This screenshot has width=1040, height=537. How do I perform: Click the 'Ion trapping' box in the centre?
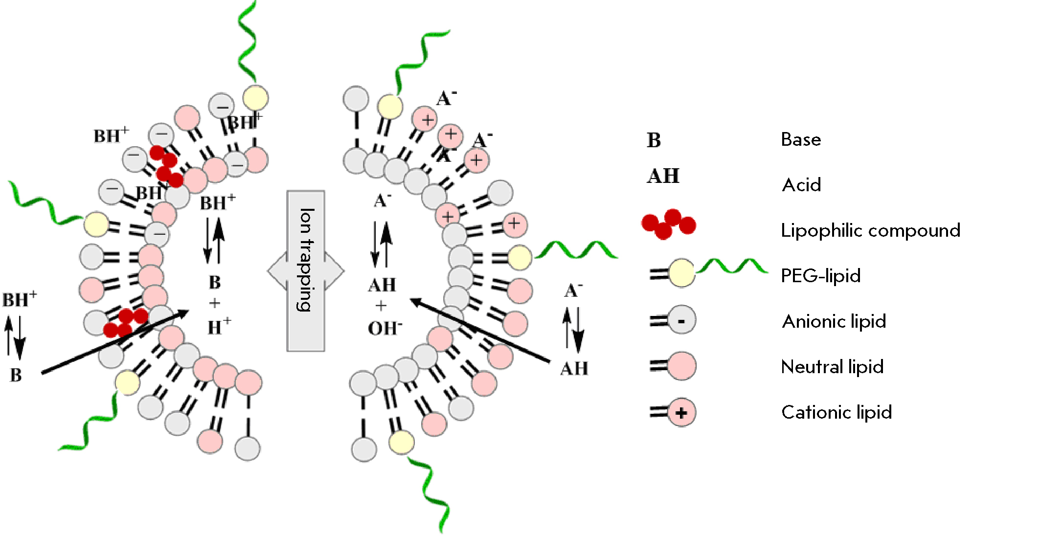(x=306, y=270)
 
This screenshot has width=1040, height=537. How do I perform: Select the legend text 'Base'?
(x=801, y=140)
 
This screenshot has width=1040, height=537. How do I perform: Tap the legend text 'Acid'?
(x=801, y=185)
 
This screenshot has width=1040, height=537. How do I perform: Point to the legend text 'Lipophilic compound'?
(x=870, y=230)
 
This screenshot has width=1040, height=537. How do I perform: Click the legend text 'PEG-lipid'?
(x=820, y=276)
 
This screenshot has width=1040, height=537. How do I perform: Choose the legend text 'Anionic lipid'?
(x=834, y=321)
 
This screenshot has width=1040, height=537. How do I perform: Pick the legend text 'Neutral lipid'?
(x=832, y=367)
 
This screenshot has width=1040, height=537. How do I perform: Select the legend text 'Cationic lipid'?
(x=837, y=412)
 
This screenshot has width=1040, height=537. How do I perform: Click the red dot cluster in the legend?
(x=668, y=224)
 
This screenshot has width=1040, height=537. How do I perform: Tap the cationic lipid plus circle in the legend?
(x=681, y=413)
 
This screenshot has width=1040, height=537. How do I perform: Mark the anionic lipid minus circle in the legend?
(x=681, y=320)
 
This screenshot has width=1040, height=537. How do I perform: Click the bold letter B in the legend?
(x=654, y=140)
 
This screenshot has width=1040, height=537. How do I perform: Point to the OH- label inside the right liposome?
(x=385, y=328)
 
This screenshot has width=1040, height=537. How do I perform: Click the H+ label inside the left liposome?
(x=219, y=327)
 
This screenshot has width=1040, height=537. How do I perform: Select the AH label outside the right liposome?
(x=574, y=368)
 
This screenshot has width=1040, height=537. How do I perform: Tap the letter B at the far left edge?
(x=16, y=375)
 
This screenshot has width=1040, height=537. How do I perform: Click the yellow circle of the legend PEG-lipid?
(x=681, y=273)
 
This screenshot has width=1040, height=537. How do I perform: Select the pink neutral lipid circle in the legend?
(x=681, y=366)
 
